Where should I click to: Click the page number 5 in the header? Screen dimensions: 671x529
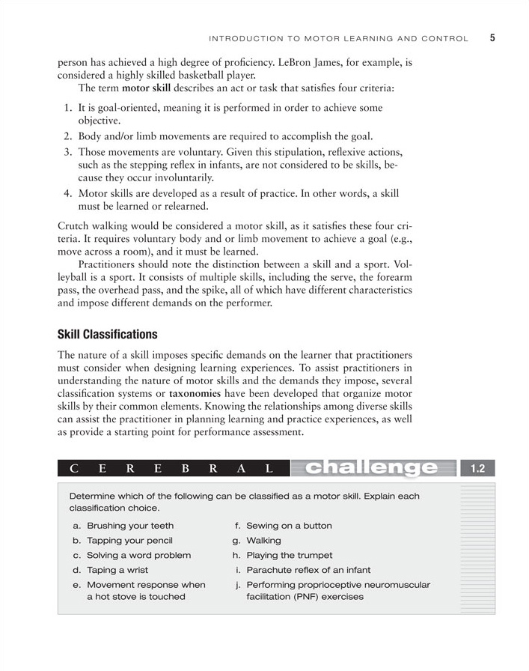click(x=493, y=37)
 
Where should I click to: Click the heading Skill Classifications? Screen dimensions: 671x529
click(x=107, y=334)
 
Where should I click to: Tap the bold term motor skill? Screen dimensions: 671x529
click(x=147, y=88)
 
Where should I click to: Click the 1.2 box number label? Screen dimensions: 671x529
click(x=477, y=469)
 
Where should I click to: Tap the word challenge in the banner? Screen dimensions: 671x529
click(x=373, y=469)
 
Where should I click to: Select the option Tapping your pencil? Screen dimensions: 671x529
click(x=129, y=540)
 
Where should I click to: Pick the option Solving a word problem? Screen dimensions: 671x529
click(x=138, y=555)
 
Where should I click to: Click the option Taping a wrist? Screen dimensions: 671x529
click(x=117, y=570)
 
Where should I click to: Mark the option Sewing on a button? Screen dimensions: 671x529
click(x=289, y=526)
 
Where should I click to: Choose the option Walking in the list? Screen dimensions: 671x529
click(x=263, y=540)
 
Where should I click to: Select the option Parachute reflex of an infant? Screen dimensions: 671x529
click(x=308, y=570)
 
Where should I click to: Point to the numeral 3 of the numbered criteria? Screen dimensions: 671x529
click(x=67, y=151)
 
